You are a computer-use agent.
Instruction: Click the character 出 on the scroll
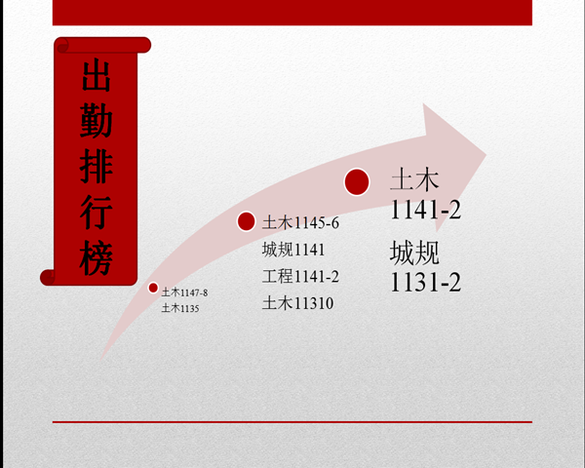[x=97, y=75]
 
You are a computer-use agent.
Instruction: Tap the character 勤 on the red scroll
[x=97, y=120]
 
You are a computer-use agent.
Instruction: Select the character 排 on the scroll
[x=97, y=166]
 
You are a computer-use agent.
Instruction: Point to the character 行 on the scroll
[x=97, y=212]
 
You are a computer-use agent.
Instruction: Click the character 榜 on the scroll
[x=97, y=257]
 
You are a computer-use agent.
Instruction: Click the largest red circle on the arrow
[x=357, y=181]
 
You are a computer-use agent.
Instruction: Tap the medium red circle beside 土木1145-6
[x=247, y=221]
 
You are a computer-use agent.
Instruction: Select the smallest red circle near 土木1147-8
[x=153, y=288]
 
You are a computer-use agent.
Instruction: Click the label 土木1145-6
[x=300, y=223]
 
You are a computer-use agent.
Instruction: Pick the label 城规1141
[x=293, y=250]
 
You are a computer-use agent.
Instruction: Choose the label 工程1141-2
[x=300, y=277]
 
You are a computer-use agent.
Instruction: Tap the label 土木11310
[x=297, y=303]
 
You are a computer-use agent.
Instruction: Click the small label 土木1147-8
[x=184, y=292]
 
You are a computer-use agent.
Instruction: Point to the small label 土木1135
[x=180, y=308]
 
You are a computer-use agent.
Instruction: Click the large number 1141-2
[x=425, y=210]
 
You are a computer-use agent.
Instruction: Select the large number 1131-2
[x=425, y=282]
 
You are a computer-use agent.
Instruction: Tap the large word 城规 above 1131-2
[x=414, y=253]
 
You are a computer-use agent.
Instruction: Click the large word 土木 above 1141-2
[x=414, y=179]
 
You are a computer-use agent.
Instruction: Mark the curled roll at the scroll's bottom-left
[x=48, y=277]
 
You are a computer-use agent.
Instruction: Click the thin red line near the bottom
[x=292, y=422]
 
